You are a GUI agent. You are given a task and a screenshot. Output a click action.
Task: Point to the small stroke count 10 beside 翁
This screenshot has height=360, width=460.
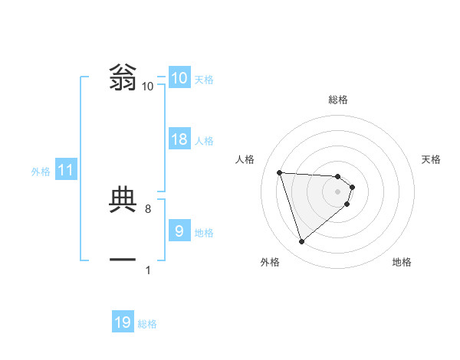click(147, 87)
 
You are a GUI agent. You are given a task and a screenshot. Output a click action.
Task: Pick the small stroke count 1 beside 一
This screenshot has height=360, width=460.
click(147, 270)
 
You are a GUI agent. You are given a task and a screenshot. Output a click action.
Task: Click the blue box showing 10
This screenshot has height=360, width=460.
click(179, 78)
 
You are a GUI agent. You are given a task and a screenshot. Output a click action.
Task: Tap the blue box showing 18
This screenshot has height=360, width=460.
click(179, 139)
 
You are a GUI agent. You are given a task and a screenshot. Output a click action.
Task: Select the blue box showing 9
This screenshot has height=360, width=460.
click(179, 231)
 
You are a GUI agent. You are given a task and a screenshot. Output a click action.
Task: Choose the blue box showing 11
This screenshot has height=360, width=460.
click(65, 171)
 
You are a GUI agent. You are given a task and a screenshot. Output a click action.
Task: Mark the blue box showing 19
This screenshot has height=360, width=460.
click(123, 322)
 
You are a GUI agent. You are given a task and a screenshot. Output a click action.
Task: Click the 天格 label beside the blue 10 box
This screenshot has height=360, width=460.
click(204, 80)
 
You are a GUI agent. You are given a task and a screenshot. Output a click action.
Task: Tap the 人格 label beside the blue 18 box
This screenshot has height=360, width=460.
click(204, 141)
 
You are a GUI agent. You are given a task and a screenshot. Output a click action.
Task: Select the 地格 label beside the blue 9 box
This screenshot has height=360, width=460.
click(204, 232)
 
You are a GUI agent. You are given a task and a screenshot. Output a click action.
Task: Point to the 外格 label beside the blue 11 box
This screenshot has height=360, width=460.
click(41, 172)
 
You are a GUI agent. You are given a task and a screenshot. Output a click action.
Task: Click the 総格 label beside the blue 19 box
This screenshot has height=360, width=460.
click(147, 324)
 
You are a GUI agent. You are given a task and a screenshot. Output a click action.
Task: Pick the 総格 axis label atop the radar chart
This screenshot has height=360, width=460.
click(338, 100)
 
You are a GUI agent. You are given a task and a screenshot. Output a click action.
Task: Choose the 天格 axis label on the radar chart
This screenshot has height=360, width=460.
click(432, 159)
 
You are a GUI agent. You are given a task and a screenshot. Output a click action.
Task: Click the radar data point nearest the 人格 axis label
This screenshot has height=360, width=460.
click(280, 172)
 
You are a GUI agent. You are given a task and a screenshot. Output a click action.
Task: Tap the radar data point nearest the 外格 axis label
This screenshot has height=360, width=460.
click(302, 242)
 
